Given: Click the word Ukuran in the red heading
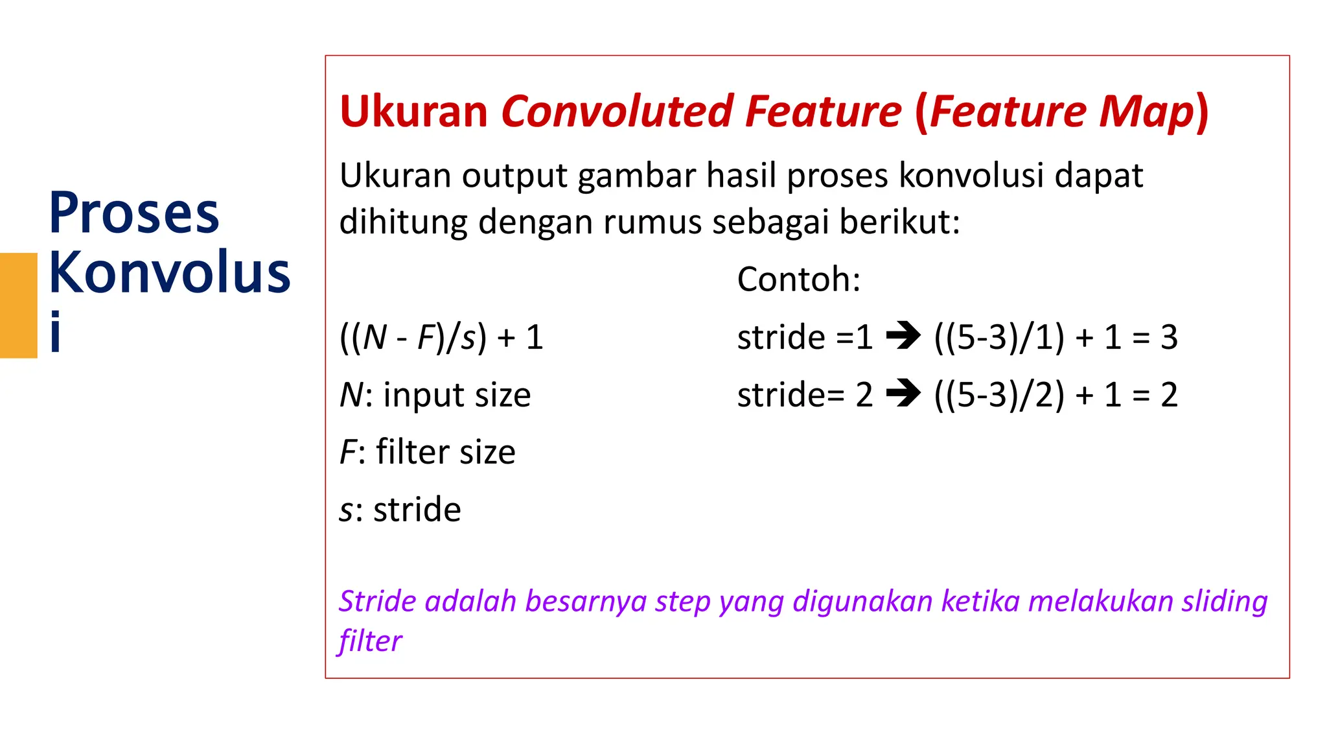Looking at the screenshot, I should pos(413,112).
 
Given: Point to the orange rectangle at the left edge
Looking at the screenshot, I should pos(18,305).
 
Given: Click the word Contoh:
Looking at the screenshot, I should pos(798,279).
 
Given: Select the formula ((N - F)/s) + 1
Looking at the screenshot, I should pos(441,337).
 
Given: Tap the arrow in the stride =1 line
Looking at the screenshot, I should pos(903,336).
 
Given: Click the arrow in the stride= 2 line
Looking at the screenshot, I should pos(903,393).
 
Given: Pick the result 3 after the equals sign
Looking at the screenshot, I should pos(1168,337).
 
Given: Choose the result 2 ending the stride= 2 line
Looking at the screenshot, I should pos(1168,394).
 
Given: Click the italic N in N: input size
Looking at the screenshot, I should pos(352,395).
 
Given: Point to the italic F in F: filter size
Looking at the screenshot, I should pos(348,452).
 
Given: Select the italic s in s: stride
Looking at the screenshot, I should pos(346,510).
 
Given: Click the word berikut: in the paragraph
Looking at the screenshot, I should pos(899,222).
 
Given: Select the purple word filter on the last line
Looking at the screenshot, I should pos(369,641).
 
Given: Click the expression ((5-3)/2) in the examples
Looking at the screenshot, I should pos(998,394).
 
